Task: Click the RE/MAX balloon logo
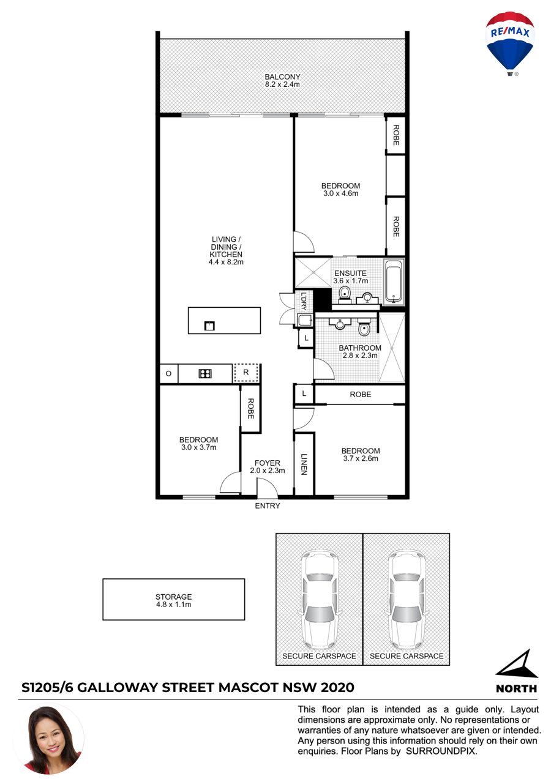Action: [x=509, y=43]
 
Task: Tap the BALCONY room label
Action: [x=282, y=76]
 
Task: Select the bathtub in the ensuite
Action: [x=394, y=282]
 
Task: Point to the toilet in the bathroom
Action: [x=364, y=329]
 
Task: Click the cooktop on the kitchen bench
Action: [x=205, y=373]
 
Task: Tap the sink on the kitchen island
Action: [x=209, y=326]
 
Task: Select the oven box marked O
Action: [x=169, y=374]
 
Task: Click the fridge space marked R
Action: [x=246, y=373]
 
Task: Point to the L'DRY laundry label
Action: [x=304, y=301]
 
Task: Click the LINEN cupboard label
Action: [x=304, y=464]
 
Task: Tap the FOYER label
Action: [x=267, y=463]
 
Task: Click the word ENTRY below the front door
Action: [x=267, y=505]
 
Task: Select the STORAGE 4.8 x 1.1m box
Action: [x=174, y=599]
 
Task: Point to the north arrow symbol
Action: [x=517, y=663]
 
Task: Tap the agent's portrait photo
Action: [x=52, y=740]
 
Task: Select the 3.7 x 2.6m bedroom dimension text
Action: [x=361, y=458]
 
